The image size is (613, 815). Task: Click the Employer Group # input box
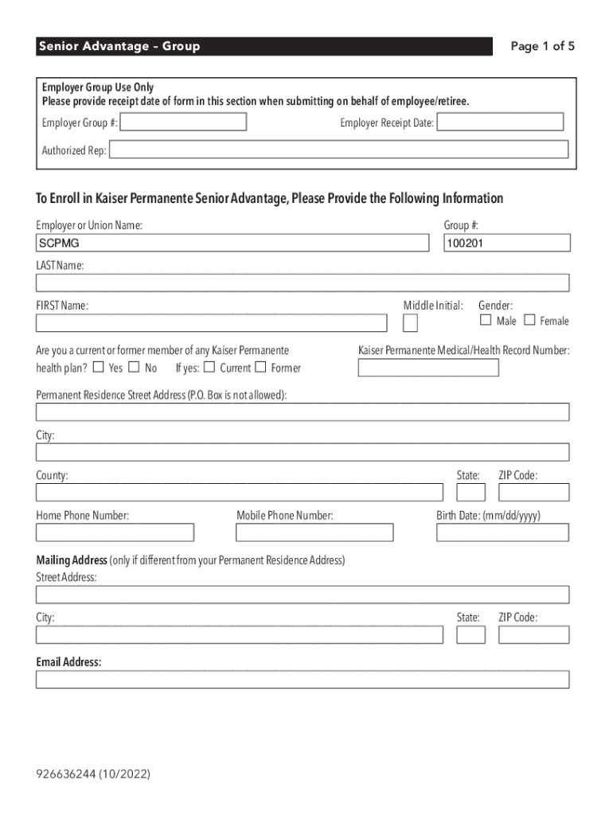tap(184, 122)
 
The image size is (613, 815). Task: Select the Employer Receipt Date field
tap(500, 122)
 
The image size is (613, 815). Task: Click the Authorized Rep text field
tap(338, 150)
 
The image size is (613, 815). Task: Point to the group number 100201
tap(507, 243)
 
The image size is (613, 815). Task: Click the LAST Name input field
tap(303, 283)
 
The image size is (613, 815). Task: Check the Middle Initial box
tap(410, 322)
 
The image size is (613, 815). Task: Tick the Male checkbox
tap(486, 320)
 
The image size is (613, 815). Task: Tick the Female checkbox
tap(529, 320)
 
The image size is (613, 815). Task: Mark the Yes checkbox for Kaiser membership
tap(99, 367)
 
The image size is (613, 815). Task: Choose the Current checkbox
tap(209, 367)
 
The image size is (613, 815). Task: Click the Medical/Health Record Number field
tap(428, 368)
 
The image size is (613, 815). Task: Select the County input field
tap(239, 491)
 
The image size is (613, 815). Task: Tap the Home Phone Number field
tap(115, 532)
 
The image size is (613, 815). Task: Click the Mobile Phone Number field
tap(314, 532)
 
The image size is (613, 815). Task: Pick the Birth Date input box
tap(502, 532)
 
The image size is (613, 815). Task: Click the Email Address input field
tap(303, 679)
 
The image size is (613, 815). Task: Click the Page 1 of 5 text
tap(542, 46)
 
